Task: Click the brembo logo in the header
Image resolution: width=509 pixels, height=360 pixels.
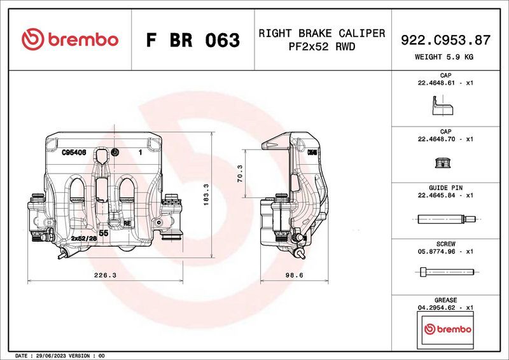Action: click(70, 39)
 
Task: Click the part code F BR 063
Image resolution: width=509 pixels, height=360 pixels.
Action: click(193, 40)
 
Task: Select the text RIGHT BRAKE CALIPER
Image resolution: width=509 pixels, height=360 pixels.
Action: click(321, 33)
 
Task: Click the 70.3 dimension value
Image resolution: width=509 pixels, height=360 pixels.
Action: click(239, 173)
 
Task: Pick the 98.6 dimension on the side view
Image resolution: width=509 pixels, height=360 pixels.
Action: click(293, 275)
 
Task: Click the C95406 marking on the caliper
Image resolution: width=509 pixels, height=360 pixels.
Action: click(74, 153)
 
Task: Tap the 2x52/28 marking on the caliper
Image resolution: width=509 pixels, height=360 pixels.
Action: click(83, 238)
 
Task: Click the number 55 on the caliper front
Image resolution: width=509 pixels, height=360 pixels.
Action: click(104, 234)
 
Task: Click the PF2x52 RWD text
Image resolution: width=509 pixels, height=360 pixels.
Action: click(321, 47)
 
